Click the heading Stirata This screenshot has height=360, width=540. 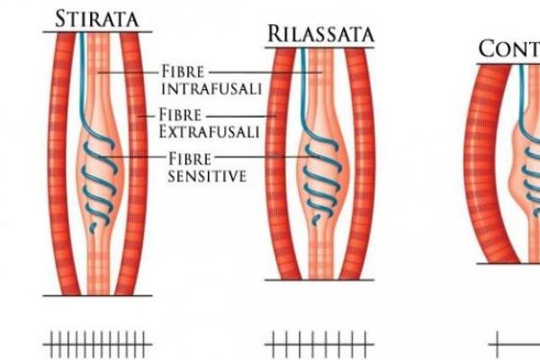tap(96, 17)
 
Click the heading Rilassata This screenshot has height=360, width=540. tap(319, 34)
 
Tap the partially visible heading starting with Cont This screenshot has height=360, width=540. tap(508, 49)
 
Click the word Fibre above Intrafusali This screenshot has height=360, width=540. tap(183, 69)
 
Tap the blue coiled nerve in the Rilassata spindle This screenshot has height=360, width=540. tap(320, 180)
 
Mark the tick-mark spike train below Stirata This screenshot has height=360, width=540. tap(96, 343)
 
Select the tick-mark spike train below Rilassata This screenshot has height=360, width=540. tap(319, 343)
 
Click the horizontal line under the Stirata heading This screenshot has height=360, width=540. tap(96, 32)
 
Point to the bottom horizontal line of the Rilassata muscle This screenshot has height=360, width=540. tap(319, 279)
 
